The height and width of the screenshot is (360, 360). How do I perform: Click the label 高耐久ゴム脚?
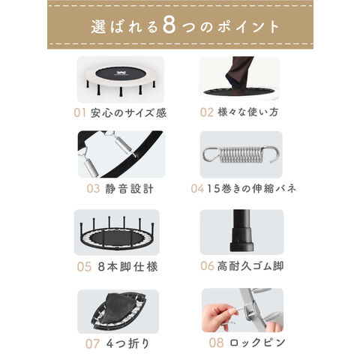(252, 266)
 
